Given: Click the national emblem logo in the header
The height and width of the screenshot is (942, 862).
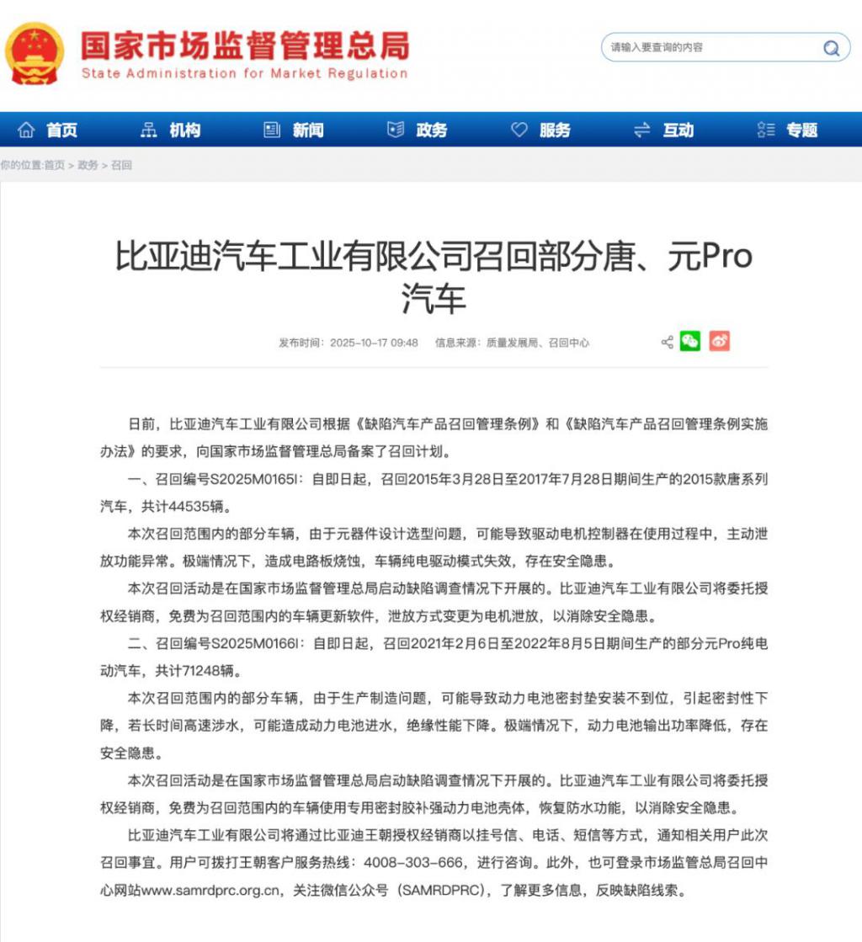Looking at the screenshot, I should point(35,52).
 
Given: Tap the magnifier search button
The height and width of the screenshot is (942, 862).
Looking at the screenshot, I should point(832,48).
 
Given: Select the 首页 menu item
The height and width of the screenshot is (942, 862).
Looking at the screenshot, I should point(49,130).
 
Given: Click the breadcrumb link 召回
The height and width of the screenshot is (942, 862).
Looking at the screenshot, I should point(122,166).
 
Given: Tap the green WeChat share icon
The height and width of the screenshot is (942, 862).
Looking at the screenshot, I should point(690,341).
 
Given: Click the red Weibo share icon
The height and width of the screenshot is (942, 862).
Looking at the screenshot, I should point(719,341).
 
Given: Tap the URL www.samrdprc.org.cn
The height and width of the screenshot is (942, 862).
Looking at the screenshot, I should point(213,890).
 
